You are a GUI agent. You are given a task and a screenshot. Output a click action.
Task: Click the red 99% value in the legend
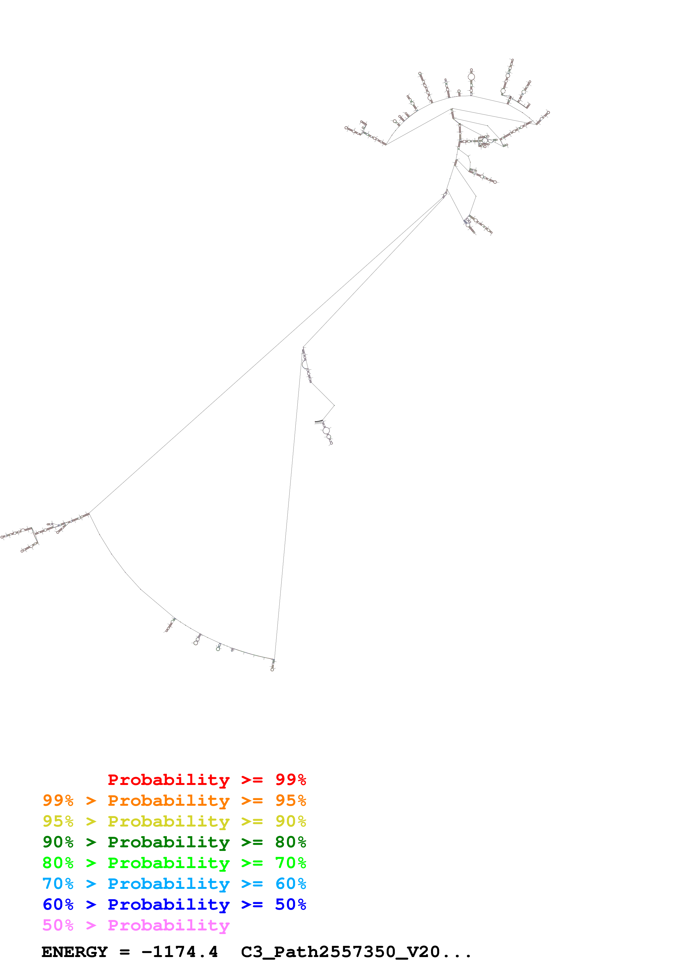290,779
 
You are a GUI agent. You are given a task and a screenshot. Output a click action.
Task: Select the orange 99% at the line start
58,800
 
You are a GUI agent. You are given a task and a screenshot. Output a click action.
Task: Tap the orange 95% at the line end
290,800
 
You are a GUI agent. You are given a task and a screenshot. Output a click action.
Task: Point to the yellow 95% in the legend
58,821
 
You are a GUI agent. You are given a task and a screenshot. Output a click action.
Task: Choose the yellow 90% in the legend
290,821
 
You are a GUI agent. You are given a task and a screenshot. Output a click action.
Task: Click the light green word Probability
168,863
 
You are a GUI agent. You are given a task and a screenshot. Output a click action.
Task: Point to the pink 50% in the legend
58,925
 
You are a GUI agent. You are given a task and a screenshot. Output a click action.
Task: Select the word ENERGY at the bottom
75,952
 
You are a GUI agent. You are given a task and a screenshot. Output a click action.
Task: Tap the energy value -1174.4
180,952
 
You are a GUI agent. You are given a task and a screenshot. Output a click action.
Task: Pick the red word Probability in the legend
168,780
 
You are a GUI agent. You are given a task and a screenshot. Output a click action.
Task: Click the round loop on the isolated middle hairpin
326,431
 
